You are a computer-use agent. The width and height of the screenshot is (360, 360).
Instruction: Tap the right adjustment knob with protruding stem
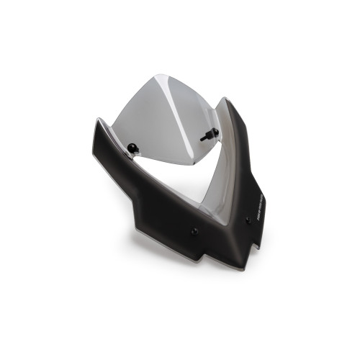(x=214, y=132)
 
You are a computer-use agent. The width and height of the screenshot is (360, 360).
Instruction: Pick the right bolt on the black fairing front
(x=248, y=221)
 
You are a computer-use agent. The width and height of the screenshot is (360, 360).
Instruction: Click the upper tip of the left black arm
(x=98, y=120)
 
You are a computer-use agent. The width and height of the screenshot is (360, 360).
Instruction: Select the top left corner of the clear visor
(x=156, y=74)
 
